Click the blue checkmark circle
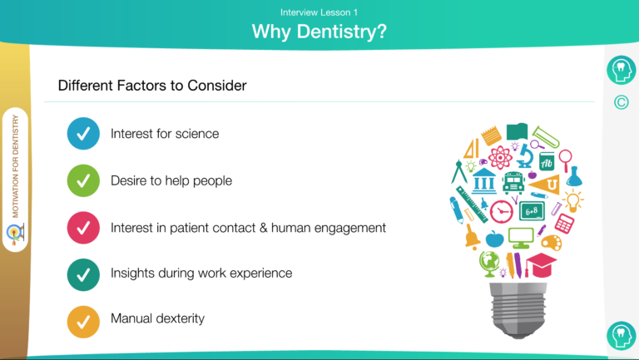tap(83, 134)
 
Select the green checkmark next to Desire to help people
tap(83, 180)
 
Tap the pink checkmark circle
tap(83, 228)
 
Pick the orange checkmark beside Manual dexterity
tap(83, 322)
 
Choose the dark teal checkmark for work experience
tap(83, 275)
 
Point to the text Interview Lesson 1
tap(319, 12)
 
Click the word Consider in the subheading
tap(217, 86)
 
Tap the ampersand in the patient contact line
tap(263, 228)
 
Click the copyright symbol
tap(621, 102)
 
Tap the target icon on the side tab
tap(16, 234)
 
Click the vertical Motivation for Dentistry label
tap(16, 166)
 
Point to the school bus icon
tap(513, 183)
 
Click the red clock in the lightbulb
tap(501, 211)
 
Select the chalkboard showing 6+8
tap(532, 211)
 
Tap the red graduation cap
tap(541, 264)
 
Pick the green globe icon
tap(489, 263)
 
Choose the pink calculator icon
tap(564, 223)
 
